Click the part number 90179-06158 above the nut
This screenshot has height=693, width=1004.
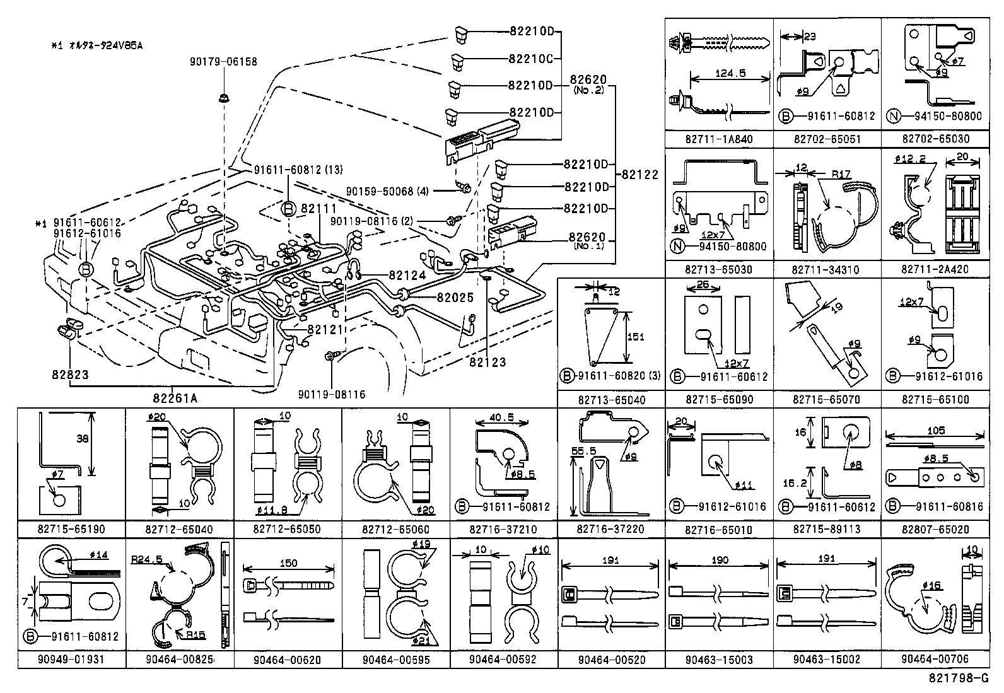click(223, 62)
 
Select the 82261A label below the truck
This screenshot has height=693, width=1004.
click(175, 398)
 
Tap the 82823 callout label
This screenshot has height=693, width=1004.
click(70, 375)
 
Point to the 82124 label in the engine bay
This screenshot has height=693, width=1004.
click(408, 276)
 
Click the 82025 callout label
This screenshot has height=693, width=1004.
click(454, 298)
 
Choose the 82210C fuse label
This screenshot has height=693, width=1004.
click(530, 59)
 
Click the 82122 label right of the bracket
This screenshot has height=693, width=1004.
click(639, 175)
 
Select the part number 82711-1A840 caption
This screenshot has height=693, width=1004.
click(719, 139)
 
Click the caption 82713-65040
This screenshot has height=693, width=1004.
click(610, 400)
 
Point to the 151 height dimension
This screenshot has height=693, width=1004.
click(636, 337)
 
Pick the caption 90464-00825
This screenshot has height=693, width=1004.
click(180, 660)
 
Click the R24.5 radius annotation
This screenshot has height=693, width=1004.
click(146, 559)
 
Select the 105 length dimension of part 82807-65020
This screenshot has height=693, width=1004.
click(936, 430)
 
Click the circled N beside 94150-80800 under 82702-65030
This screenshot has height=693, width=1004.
click(892, 116)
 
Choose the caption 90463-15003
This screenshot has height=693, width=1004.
click(719, 660)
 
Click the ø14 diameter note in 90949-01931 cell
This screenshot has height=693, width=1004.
click(99, 555)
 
